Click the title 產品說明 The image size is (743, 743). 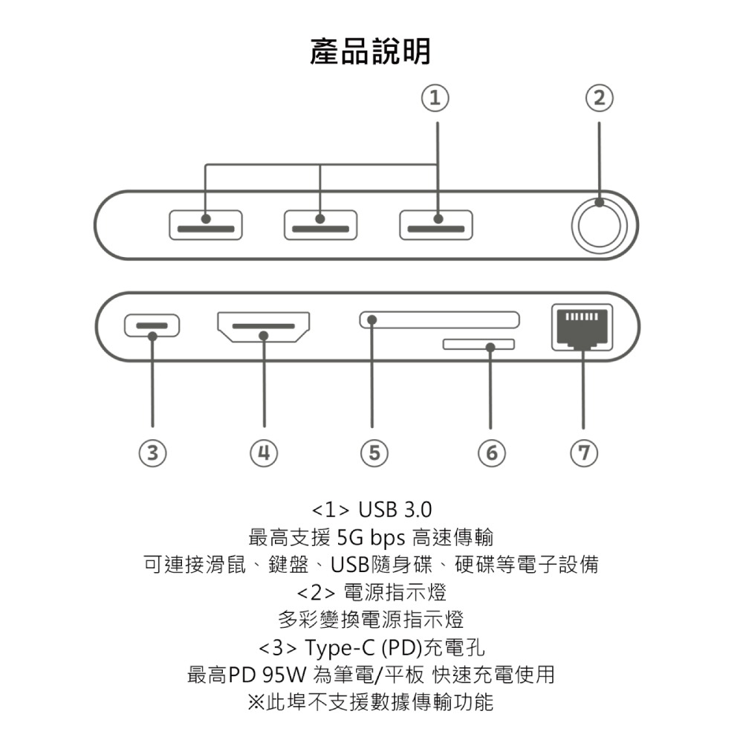point(370,52)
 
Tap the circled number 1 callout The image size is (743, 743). point(437,97)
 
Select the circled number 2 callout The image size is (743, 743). point(599,97)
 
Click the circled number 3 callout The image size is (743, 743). point(152,452)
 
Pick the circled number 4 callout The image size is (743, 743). point(264,452)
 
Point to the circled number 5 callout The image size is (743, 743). point(374,452)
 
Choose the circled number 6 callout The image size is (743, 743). point(490,452)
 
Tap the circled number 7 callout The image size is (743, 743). point(583,452)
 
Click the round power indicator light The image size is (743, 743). point(603,225)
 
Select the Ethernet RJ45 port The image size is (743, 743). point(583,327)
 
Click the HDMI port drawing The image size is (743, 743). point(264,327)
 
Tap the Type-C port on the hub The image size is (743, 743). point(152,325)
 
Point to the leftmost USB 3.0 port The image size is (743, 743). point(206,225)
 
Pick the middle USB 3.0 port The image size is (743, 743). point(320,225)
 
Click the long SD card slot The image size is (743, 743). point(440,320)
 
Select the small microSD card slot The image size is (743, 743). point(478,345)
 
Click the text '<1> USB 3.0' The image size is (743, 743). point(371,510)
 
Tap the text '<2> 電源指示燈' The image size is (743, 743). point(371,592)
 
